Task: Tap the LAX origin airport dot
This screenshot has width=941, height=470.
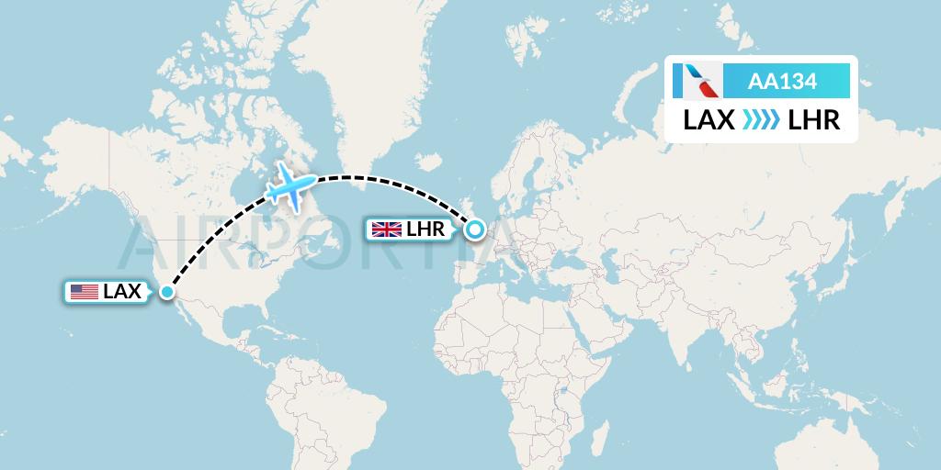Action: coord(167,292)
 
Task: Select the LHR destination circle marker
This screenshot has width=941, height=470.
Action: coord(475,229)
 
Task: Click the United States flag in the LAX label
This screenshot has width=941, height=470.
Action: coord(85,292)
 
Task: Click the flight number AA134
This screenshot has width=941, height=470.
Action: coord(782,82)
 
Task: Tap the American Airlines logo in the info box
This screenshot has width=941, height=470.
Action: coord(697,81)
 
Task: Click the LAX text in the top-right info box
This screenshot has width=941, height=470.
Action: coord(709,119)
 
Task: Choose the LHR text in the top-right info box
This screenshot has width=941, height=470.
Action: coord(814,119)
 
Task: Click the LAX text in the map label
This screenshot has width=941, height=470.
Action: coord(122,292)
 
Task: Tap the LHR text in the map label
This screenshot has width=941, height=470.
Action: coord(425,229)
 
